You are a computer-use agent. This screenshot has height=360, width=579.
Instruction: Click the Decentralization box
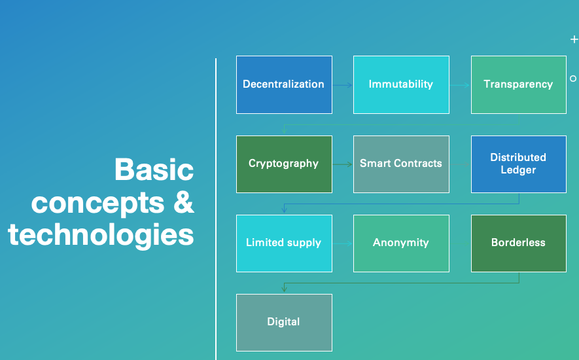pyautogui.click(x=284, y=84)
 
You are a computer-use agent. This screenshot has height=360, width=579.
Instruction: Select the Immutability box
pyautogui.click(x=402, y=84)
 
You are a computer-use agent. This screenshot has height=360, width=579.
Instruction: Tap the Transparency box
pyautogui.click(x=519, y=84)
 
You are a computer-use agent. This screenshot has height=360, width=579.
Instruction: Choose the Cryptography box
pyautogui.click(x=284, y=164)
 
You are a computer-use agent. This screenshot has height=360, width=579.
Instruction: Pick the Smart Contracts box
pyautogui.click(x=402, y=164)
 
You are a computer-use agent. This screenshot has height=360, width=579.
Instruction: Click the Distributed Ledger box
pyautogui.click(x=519, y=164)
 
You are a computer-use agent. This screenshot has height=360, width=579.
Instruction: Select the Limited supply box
pyautogui.click(x=284, y=243)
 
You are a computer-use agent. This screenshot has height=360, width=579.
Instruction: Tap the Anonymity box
pyautogui.click(x=402, y=243)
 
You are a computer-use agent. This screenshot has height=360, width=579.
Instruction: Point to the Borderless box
pyautogui.click(x=519, y=243)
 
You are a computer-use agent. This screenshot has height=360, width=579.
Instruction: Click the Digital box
pyautogui.click(x=284, y=323)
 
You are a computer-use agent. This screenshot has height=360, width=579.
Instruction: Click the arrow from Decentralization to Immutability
pyautogui.click(x=343, y=85)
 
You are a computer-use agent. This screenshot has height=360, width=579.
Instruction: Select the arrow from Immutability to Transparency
pyautogui.click(x=460, y=85)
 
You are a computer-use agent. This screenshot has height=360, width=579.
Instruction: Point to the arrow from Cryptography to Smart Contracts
pyautogui.click(x=343, y=164)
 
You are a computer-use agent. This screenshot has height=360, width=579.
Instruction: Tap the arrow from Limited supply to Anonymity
pyautogui.click(x=343, y=243)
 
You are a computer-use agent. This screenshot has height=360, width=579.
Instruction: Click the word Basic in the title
pyautogui.click(x=154, y=170)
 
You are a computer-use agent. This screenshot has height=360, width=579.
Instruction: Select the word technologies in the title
pyautogui.click(x=101, y=235)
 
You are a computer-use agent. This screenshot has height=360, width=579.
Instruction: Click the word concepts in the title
pyautogui.click(x=98, y=204)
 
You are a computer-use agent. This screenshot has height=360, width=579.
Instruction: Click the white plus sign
pyautogui.click(x=574, y=39)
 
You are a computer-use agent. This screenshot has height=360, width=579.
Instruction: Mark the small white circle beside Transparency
pyautogui.click(x=573, y=79)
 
